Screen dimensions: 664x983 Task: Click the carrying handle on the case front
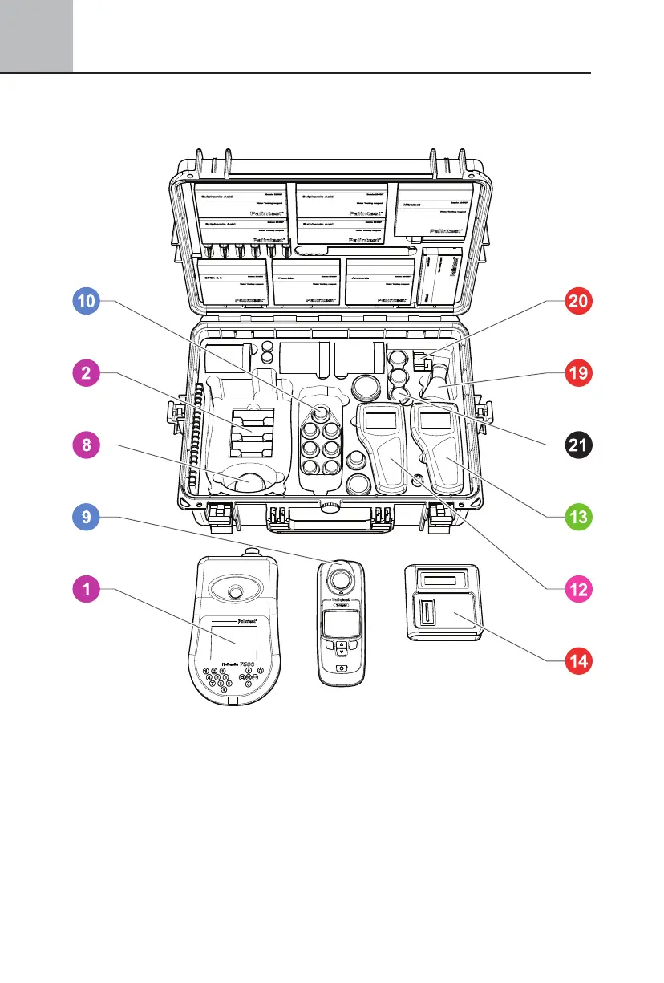329,507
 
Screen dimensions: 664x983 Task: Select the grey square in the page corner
36,35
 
